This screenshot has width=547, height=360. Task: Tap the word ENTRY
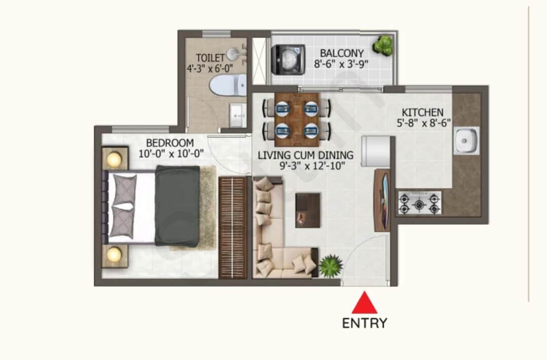[x=364, y=323]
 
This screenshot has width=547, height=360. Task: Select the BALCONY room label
[x=342, y=53]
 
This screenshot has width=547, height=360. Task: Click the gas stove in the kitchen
[x=419, y=203]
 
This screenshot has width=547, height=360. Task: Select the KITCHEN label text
[x=423, y=112]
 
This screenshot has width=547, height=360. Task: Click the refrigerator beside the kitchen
[x=375, y=151]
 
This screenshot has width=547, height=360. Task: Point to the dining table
[x=297, y=117]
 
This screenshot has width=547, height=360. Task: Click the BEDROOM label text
[x=170, y=142]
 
